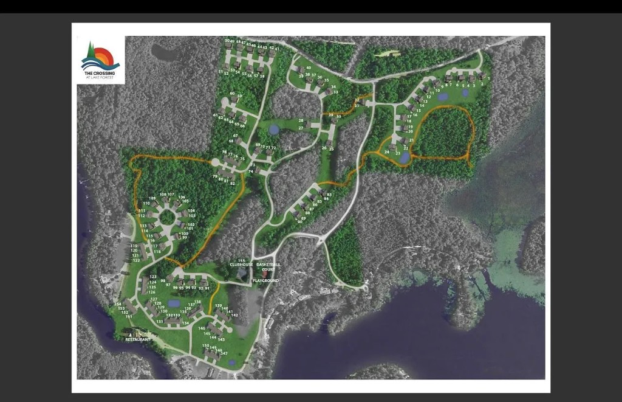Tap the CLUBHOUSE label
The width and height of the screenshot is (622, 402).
[x=241, y=265]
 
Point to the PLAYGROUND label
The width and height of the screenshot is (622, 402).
[x=265, y=280]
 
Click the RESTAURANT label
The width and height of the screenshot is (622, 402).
[x=137, y=339]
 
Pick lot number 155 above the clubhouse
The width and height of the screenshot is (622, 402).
[x=241, y=260]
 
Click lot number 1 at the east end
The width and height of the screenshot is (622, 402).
[x=488, y=78]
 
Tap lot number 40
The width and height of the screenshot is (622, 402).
[x=309, y=68]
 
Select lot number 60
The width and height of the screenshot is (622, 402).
[x=232, y=94]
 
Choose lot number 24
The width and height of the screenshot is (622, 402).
[x=387, y=151]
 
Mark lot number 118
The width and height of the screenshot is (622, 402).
[x=157, y=251]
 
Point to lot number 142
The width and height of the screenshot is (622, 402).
[x=234, y=314]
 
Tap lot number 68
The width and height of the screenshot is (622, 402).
[x=231, y=141]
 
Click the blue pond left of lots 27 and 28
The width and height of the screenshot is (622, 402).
[x=275, y=129]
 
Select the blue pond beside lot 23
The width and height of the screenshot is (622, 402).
[x=405, y=158]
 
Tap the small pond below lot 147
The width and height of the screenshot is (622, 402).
[x=232, y=363]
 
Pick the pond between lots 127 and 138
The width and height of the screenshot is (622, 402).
[x=174, y=303]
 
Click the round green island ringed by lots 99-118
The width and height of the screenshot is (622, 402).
[x=167, y=217]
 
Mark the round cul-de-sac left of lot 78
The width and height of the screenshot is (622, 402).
[x=215, y=162]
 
